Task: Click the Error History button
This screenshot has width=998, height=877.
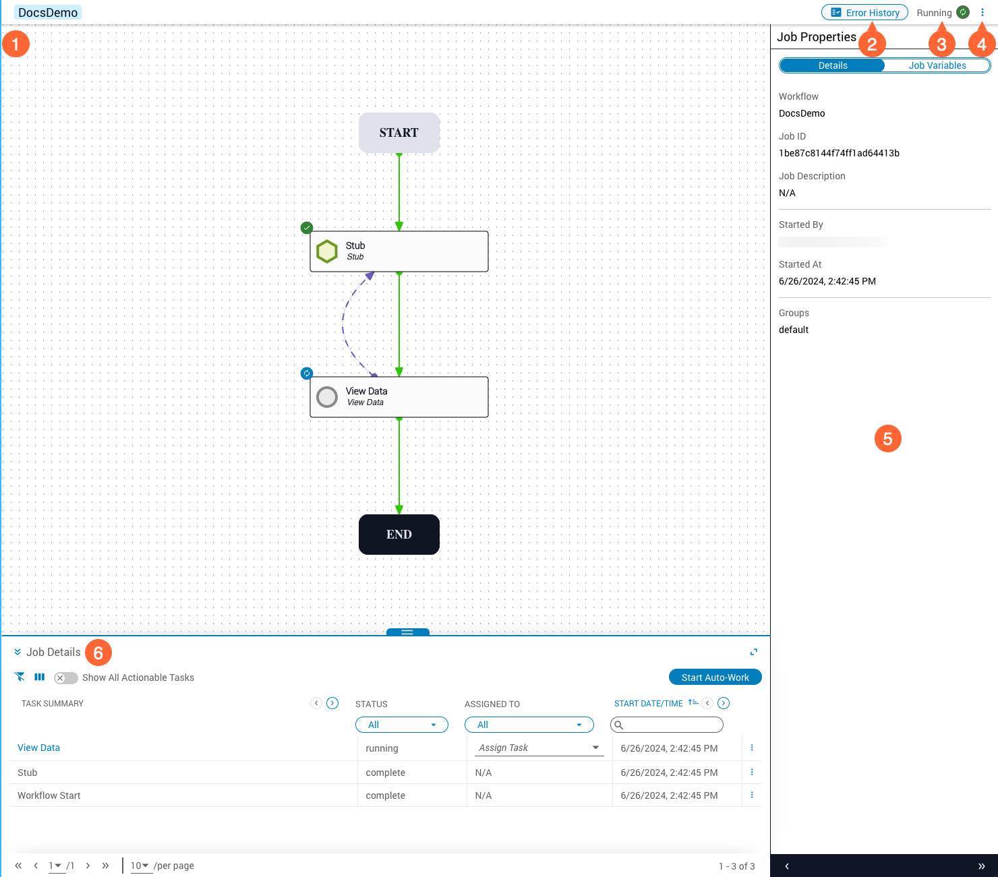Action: coord(864,13)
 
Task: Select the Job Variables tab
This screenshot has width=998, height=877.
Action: coord(937,65)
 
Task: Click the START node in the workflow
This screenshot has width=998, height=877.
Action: coord(399,133)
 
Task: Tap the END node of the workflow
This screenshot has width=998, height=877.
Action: coord(399,535)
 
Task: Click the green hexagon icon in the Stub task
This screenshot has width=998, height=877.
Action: coord(327,251)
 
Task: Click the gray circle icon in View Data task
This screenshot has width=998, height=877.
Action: coord(327,397)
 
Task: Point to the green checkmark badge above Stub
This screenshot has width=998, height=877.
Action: coord(307,227)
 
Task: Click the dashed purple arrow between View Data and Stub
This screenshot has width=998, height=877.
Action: coord(343,322)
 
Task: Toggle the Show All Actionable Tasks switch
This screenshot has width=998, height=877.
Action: coord(65,678)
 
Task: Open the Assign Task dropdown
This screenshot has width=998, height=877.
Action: coord(539,748)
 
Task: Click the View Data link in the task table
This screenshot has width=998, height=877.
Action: coord(39,748)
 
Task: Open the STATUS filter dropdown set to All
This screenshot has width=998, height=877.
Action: coord(401,725)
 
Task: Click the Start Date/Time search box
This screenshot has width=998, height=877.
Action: coord(666,725)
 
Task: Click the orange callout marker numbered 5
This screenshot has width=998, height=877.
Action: coord(887,439)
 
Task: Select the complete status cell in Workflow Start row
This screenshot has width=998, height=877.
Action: coord(385,795)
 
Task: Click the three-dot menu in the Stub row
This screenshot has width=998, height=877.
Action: coord(752,772)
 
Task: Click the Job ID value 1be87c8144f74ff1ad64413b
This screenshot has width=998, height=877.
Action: coord(839,153)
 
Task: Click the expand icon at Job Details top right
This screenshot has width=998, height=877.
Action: coord(754,652)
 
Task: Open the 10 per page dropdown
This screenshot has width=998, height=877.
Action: coord(140,866)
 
